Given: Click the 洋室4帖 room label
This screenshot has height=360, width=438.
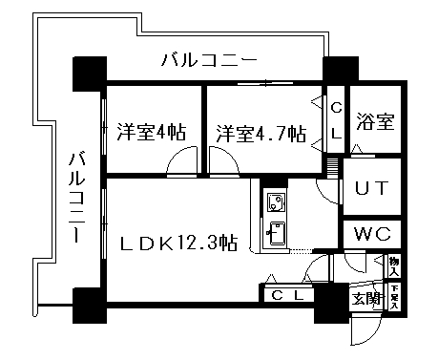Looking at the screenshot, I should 151,131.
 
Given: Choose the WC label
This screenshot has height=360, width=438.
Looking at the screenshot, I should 372,234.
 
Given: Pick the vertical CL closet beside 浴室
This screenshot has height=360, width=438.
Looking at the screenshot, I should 335,121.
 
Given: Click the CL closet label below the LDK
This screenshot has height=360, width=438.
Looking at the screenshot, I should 285,295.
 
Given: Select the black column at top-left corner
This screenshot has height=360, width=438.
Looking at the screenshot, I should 89,72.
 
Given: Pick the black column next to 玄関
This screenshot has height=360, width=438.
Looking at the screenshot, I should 332,304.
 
